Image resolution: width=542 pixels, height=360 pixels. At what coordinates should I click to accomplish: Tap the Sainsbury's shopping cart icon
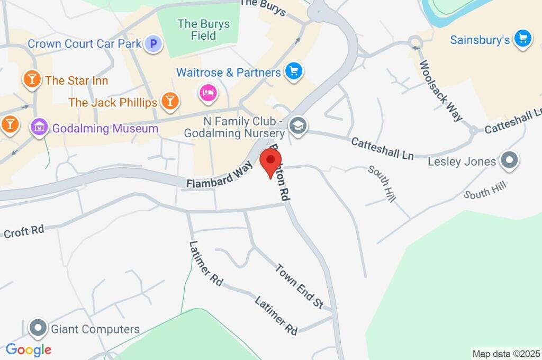523,39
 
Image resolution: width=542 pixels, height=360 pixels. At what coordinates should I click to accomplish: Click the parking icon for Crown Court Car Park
153,43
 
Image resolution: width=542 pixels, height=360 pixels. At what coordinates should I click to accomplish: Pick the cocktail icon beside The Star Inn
32,80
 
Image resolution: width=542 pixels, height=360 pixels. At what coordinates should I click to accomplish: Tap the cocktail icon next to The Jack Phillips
170,102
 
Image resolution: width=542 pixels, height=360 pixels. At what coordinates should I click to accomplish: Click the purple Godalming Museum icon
39,128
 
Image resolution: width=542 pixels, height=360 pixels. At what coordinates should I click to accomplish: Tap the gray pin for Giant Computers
38,329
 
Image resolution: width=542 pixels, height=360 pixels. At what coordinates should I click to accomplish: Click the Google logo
29,349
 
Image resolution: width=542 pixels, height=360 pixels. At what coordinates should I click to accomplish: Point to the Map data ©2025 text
506,354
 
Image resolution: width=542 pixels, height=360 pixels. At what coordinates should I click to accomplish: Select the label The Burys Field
204,30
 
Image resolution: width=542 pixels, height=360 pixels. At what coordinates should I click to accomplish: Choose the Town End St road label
299,285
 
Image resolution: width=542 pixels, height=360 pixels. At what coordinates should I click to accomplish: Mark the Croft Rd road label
23,231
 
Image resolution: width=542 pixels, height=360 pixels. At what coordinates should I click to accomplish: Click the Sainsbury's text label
480,40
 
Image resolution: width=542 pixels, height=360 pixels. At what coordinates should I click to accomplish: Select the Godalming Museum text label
105,128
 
